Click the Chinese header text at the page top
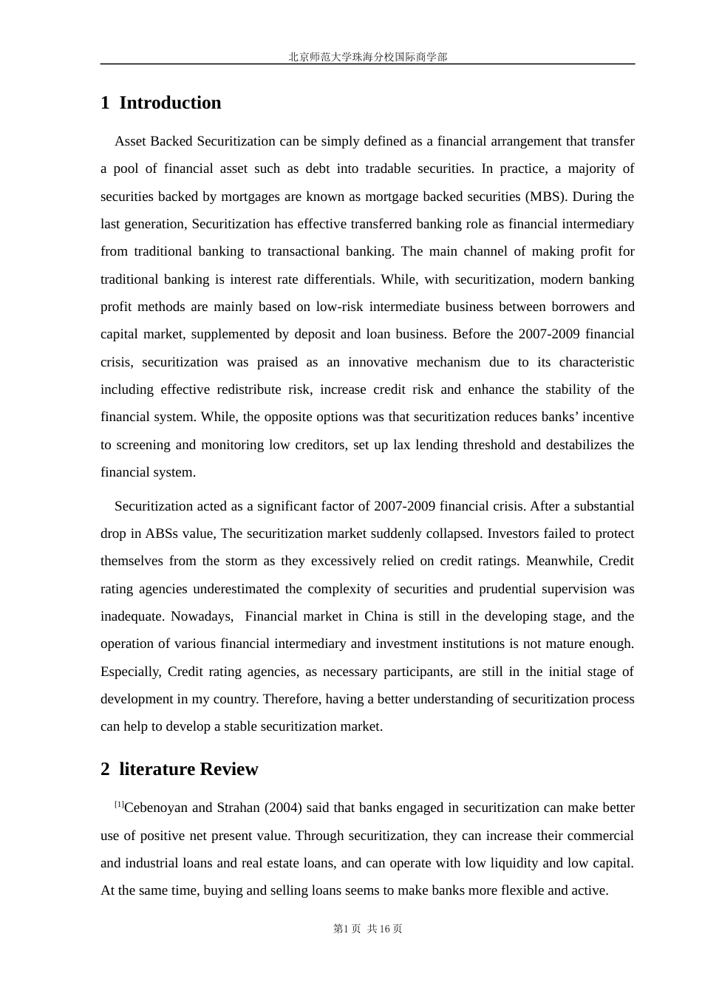367,57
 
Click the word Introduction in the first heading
170,103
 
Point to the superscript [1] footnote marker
119,805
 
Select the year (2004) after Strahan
282,808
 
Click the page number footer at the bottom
367,929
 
